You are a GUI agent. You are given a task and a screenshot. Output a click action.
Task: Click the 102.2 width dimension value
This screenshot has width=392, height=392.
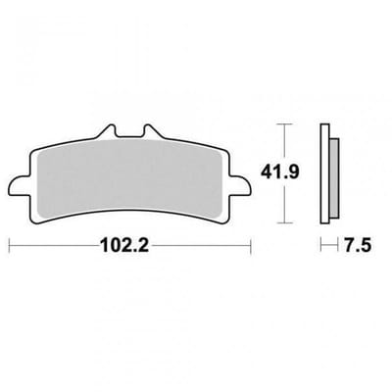[124, 245]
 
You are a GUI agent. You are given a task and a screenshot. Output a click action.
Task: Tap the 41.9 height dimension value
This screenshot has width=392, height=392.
[279, 172]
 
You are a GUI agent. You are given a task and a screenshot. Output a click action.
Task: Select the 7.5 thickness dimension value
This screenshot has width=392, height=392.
[358, 245]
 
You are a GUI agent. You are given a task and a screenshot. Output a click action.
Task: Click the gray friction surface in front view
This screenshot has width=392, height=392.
[130, 178]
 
